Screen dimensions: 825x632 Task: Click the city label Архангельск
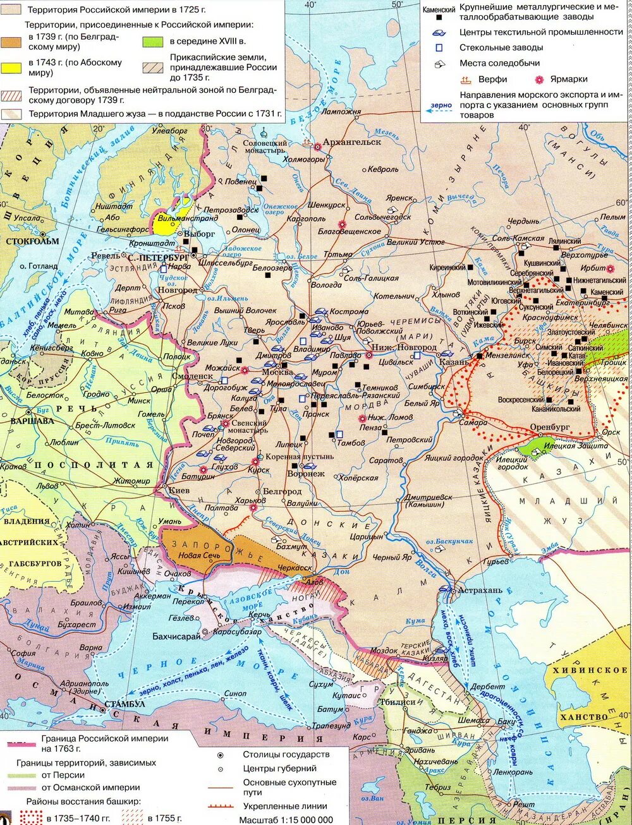[352, 142]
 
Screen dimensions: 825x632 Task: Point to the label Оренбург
[550, 428]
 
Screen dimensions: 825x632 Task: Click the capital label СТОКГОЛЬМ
[32, 241]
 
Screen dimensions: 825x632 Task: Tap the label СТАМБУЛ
[125, 704]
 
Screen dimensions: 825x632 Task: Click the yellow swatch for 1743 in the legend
[13, 68]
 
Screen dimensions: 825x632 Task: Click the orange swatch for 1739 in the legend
[13, 42]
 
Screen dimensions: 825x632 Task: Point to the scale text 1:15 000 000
[286, 820]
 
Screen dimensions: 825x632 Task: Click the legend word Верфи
[492, 80]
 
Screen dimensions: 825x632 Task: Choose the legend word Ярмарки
[568, 80]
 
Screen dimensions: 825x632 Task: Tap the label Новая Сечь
[198, 555]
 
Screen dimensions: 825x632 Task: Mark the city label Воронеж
[306, 473]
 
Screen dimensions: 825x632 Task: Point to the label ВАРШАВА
[32, 421]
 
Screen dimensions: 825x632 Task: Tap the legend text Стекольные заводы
[501, 47]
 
